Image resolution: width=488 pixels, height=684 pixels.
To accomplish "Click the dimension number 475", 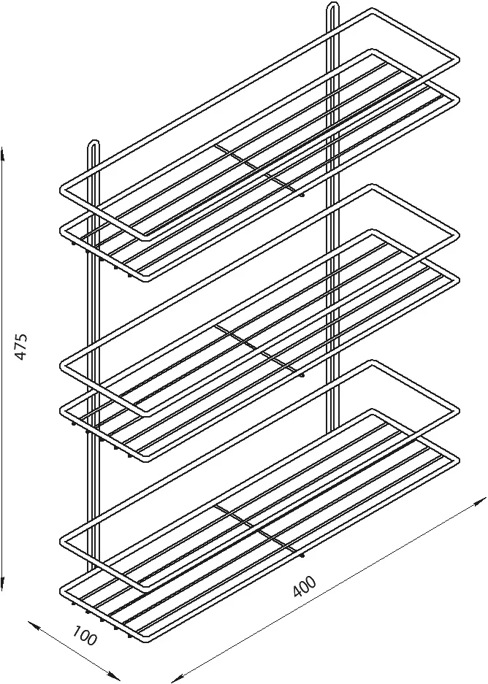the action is click(21, 346).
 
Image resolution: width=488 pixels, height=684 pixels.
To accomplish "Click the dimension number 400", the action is click(304, 586).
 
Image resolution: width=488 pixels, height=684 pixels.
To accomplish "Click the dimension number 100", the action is click(84, 635).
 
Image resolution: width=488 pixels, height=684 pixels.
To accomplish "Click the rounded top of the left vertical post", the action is click(94, 142).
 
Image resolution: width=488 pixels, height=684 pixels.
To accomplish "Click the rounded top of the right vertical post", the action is click(332, 4).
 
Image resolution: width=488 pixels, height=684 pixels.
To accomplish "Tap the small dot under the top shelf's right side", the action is click(302, 195).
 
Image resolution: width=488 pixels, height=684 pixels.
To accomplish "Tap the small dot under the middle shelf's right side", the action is click(302, 374).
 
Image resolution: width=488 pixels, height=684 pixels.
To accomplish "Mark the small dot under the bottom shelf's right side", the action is click(302, 556).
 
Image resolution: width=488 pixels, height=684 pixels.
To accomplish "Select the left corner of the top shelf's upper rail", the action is click(62, 190).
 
